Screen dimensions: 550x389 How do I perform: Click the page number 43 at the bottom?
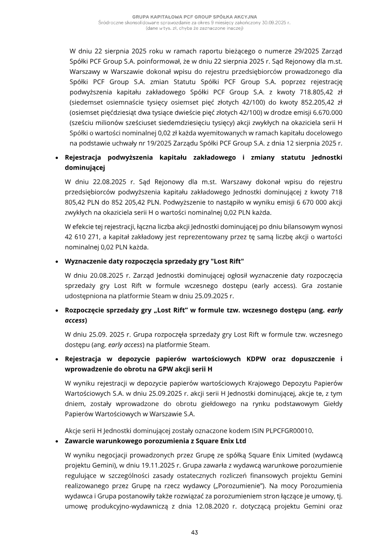coord(194,532)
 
